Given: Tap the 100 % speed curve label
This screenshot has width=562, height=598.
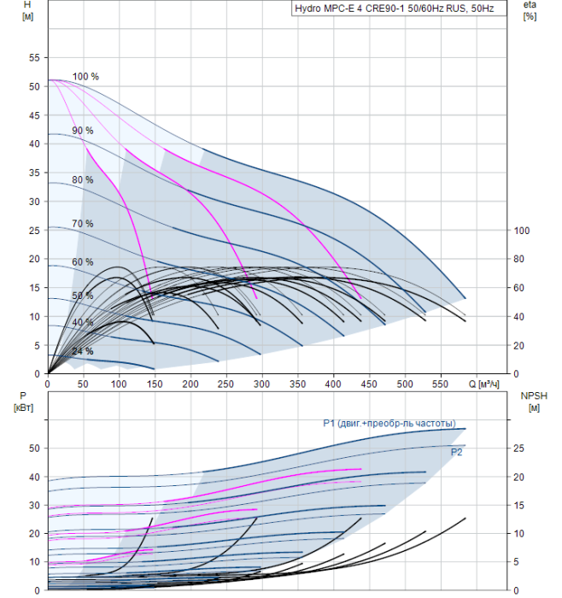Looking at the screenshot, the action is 85,77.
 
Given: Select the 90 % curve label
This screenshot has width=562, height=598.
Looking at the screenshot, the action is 83,131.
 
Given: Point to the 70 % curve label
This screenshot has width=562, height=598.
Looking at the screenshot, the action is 83,224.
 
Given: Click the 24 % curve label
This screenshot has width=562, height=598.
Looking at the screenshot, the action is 83,351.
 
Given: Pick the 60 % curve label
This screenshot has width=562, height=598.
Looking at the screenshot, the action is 83,262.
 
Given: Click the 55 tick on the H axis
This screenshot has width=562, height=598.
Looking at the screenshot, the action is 34,58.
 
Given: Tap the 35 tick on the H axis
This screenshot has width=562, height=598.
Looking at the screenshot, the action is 34,173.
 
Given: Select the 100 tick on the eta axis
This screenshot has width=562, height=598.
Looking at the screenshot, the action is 522,231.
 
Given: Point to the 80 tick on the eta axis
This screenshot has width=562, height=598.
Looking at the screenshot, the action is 519,259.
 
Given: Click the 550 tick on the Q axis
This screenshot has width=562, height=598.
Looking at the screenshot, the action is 441,384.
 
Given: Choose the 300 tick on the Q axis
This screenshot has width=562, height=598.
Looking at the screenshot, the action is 262,384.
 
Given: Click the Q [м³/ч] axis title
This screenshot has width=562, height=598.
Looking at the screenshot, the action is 483,384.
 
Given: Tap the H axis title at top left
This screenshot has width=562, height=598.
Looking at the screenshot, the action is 27,10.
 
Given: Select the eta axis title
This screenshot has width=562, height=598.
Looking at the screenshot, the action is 530,10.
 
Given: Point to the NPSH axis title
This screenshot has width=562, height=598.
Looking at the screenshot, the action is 534,402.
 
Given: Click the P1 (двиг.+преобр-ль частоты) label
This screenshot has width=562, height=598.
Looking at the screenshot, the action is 389,424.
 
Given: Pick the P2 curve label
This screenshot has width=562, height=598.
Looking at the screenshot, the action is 456,452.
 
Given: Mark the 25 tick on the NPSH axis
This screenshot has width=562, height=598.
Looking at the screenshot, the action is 519,448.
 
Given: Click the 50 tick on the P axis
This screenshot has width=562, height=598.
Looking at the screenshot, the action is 34,448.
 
